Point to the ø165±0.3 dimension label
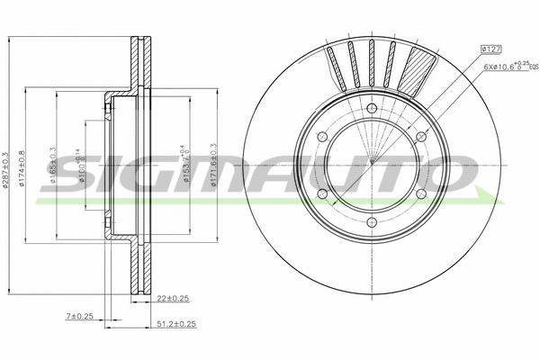(x=54, y=166)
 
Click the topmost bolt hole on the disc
(x=371, y=109)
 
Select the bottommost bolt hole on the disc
(x=371, y=223)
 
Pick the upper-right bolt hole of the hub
(x=420, y=137)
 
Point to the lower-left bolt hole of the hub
(x=321, y=194)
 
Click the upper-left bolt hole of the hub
(x=321, y=137)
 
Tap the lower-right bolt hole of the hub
(x=420, y=194)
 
